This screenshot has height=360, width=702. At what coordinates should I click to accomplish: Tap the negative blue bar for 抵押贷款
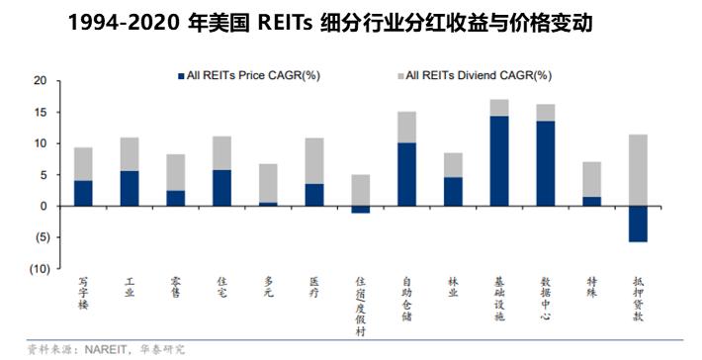click(637, 224)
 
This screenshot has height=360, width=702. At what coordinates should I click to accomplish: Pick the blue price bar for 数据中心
click(545, 163)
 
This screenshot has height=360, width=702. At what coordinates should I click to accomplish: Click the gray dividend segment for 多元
click(267, 183)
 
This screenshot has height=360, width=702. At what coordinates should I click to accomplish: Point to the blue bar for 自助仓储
click(406, 174)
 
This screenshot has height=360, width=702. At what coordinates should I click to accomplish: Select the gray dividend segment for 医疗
click(313, 160)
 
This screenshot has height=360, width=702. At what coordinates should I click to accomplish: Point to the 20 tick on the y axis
click(41, 81)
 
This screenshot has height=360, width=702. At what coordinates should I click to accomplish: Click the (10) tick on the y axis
click(38, 269)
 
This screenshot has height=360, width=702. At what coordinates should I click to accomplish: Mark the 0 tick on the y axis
click(44, 207)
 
